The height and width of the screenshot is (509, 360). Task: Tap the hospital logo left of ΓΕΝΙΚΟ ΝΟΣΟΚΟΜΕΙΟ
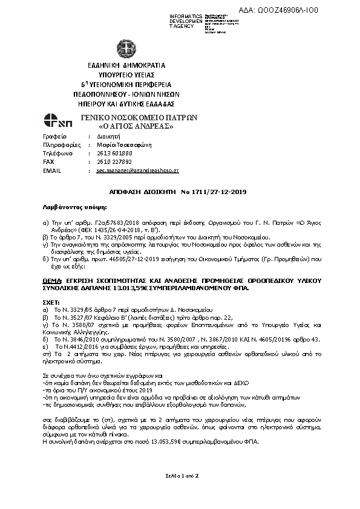[x=57, y=121]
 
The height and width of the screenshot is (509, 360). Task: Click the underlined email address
[x=137, y=171]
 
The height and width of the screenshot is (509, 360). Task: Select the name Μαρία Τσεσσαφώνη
[x=124, y=145]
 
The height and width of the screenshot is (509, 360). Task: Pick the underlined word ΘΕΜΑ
[x=52, y=280]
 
